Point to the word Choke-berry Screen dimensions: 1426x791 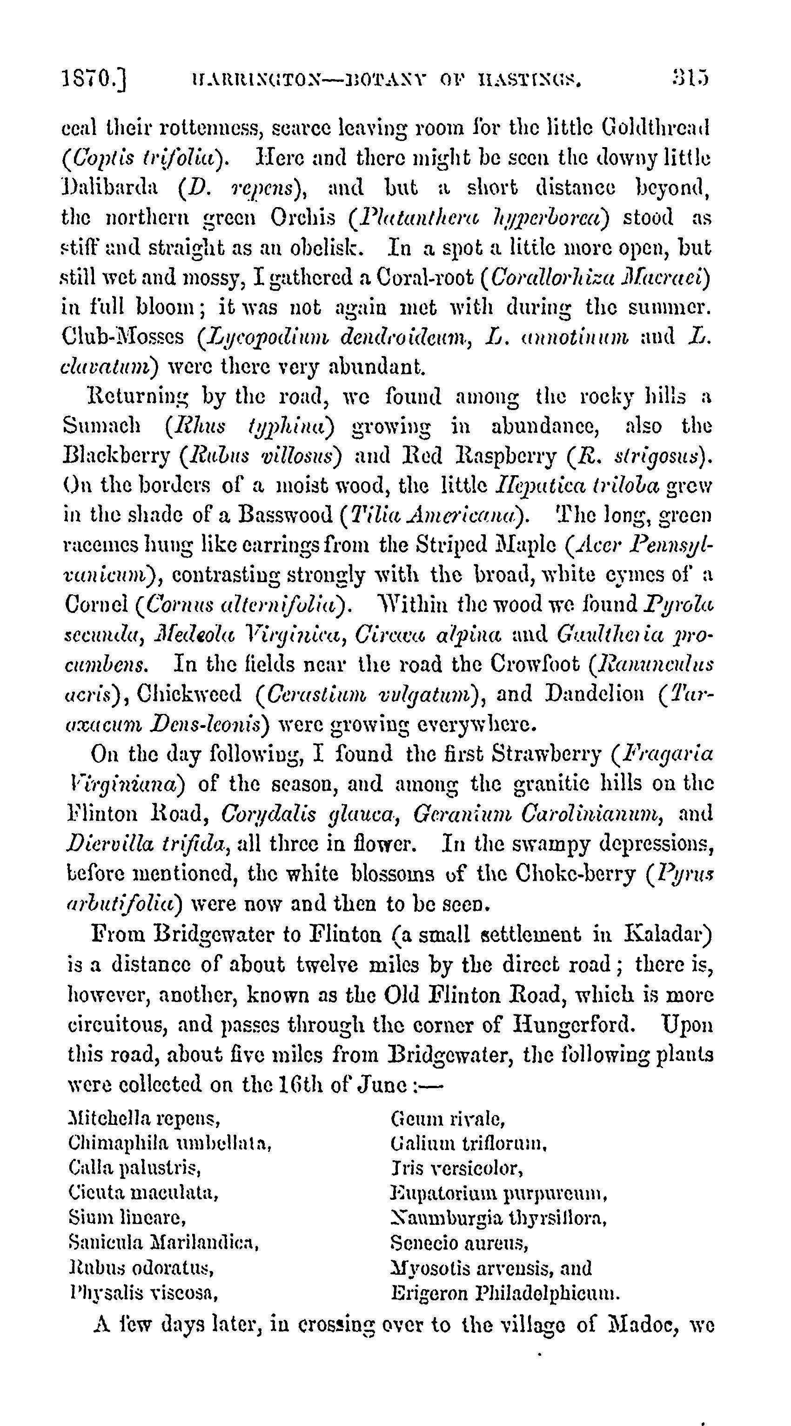[x=576, y=874]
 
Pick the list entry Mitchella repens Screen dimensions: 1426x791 [x=144, y=1119]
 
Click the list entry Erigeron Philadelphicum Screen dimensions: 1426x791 [x=505, y=1293]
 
